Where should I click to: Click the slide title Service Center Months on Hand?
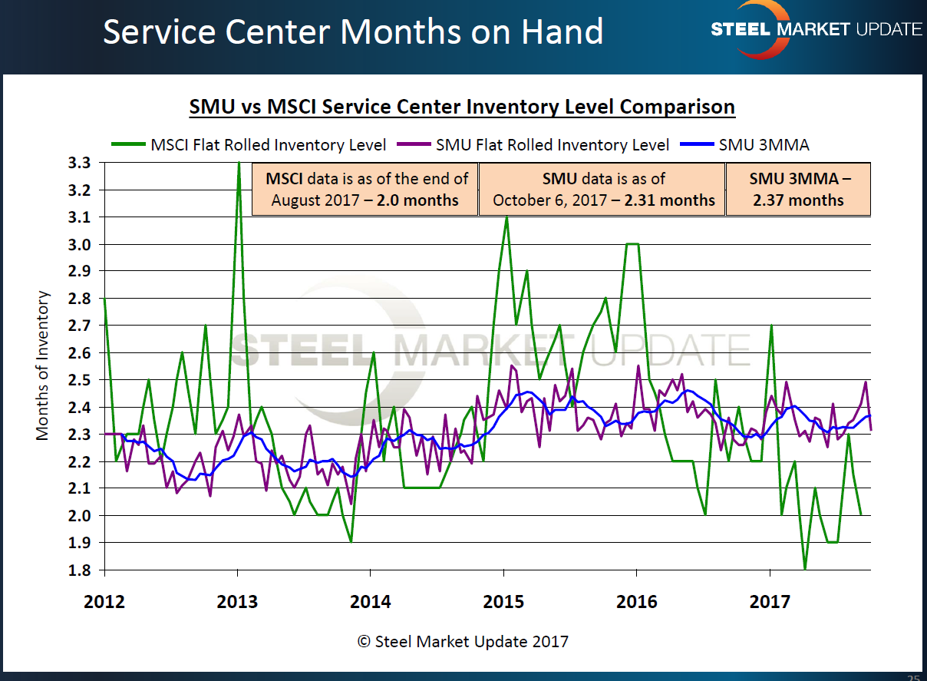(353, 32)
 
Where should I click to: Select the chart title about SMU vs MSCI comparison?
(462, 107)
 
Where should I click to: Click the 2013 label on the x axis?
(237, 601)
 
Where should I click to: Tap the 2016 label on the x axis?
(636, 601)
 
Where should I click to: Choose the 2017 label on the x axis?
(770, 601)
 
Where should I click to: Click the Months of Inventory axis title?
(43, 365)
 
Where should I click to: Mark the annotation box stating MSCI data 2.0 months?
(365, 190)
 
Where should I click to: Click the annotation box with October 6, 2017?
(603, 190)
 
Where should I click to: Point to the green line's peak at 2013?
(239, 164)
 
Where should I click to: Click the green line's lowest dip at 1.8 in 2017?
(805, 569)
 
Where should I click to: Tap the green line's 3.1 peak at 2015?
(506, 217)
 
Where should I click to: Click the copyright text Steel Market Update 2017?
(463, 640)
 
